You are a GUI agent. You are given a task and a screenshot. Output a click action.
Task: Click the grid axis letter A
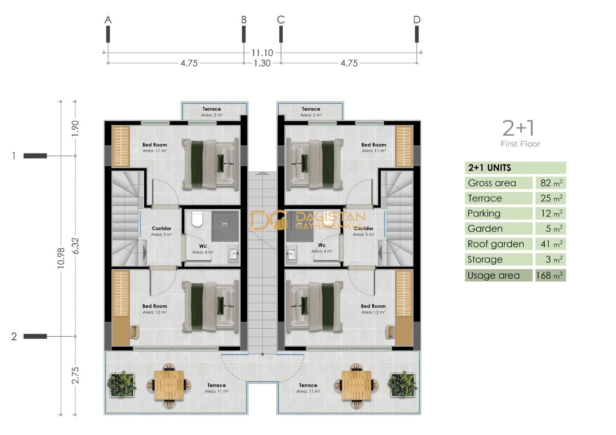[x=108, y=20]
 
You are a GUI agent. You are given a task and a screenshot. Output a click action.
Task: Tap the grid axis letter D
[x=416, y=20]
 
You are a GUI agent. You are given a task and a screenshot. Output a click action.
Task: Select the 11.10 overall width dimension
[x=262, y=53]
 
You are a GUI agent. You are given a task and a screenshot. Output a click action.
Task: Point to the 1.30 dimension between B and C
[x=262, y=63]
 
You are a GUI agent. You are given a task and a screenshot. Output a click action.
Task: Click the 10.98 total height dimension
[x=61, y=258]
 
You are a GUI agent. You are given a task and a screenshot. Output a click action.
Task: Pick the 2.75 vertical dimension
[x=75, y=375]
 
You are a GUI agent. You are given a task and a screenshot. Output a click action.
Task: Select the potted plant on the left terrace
[x=121, y=384]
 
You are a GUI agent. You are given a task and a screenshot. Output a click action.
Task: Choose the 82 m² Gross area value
[x=551, y=183]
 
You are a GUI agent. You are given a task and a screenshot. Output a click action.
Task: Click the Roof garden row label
[x=495, y=244]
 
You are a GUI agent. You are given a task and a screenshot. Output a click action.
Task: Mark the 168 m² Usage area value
[x=550, y=275]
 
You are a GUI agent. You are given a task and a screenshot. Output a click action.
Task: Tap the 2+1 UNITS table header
[x=489, y=168]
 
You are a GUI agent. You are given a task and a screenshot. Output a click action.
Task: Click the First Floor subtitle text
[x=520, y=144]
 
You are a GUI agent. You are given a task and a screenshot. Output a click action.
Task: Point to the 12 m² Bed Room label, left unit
[x=154, y=309]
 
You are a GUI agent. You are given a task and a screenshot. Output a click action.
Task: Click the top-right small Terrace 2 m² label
[x=311, y=112]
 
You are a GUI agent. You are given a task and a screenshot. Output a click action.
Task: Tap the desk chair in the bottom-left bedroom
[x=134, y=331]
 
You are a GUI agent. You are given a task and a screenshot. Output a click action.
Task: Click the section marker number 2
[x=14, y=336]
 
